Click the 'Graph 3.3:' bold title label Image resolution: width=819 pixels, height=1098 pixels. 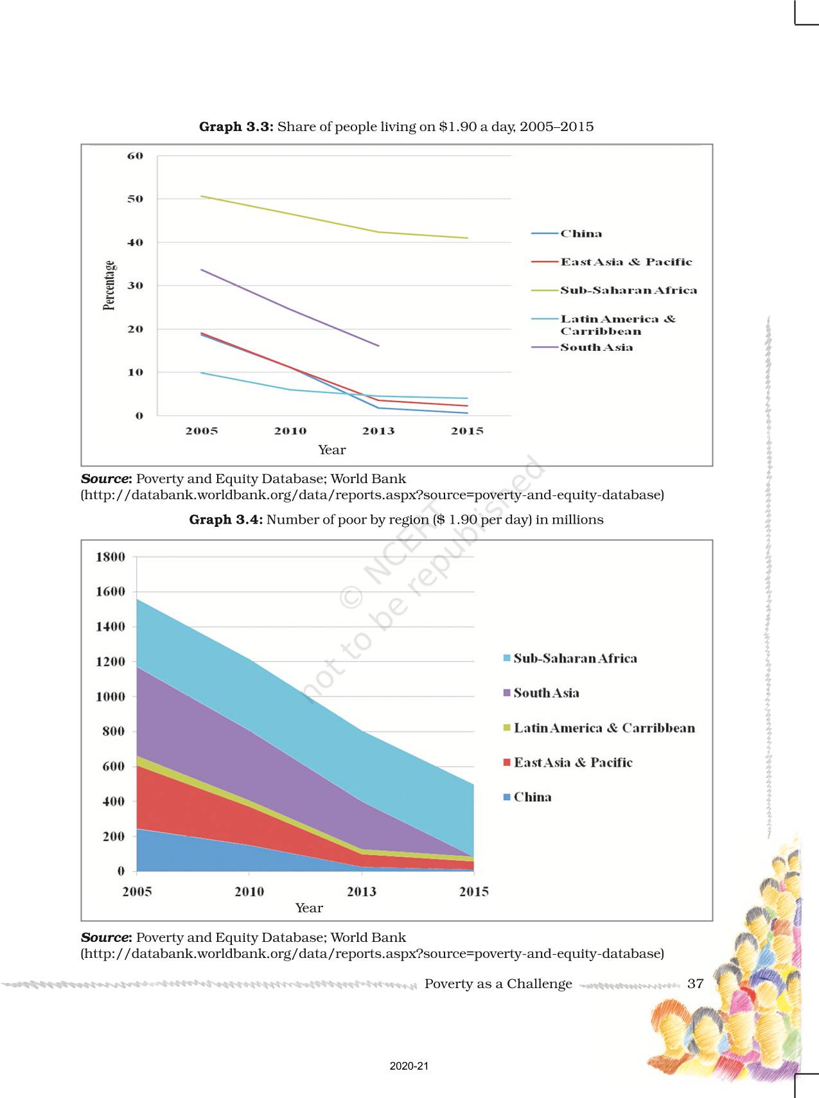click(236, 127)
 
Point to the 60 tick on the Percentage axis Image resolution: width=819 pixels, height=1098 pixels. click(135, 156)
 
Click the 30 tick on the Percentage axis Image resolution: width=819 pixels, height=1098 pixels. click(135, 286)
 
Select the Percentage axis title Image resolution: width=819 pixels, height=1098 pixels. click(109, 286)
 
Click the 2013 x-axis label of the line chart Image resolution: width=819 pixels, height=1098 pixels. click(378, 431)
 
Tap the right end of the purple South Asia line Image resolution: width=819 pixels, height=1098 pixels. click(379, 346)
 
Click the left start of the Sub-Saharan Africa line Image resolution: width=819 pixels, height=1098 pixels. click(202, 196)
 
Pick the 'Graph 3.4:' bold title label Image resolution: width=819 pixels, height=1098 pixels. click(226, 520)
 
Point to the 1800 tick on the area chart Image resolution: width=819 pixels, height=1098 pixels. click(110, 557)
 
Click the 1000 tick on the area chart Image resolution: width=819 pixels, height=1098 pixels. click(110, 696)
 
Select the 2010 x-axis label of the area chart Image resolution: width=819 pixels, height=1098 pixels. click(249, 892)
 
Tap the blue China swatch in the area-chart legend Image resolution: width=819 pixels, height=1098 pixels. click(507, 797)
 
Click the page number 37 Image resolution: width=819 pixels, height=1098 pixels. click(695, 984)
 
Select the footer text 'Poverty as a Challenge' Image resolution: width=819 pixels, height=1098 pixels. click(498, 984)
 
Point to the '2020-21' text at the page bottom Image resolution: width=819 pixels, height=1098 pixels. click(409, 1066)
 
